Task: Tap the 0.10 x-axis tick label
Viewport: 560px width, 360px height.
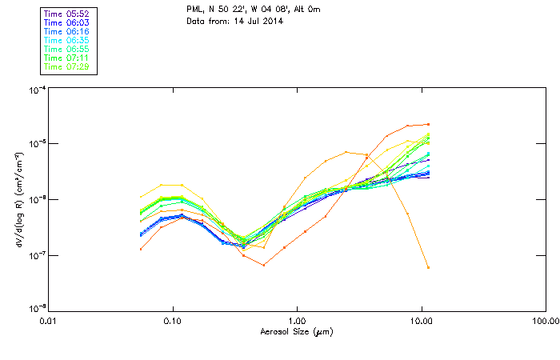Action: (174, 321)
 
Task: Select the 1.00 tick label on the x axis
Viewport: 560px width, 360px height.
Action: (298, 321)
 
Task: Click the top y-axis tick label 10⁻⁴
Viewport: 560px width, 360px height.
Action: (36, 90)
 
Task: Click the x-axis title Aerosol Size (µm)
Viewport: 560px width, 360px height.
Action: (298, 330)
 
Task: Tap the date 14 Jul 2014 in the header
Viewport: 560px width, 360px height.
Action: (249, 22)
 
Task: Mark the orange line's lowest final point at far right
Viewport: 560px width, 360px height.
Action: (428, 267)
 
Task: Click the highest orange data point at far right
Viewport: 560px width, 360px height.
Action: (428, 124)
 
